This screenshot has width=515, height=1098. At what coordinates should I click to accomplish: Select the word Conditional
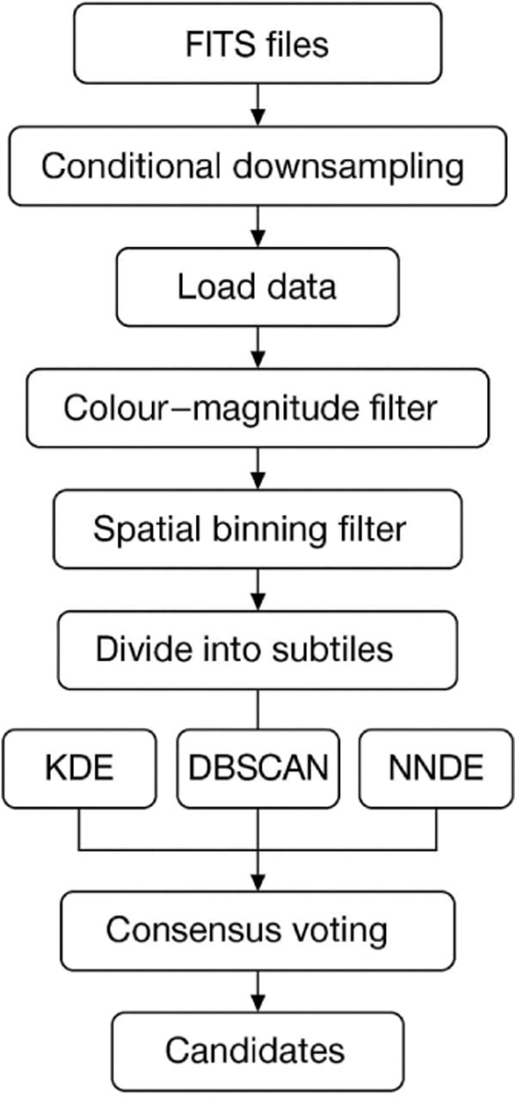pyautogui.click(x=130, y=166)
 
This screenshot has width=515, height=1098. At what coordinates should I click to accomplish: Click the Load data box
pyautogui.click(x=257, y=287)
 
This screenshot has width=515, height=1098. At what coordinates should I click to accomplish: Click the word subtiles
pyautogui.click(x=333, y=649)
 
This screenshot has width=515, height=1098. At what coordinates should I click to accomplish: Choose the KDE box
pyautogui.click(x=79, y=769)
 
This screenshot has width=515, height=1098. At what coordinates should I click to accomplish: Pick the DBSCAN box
pyautogui.click(x=258, y=769)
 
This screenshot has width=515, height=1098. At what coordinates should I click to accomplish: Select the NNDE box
pyautogui.click(x=436, y=769)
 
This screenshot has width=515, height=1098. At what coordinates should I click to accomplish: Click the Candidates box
pyautogui.click(x=257, y=1050)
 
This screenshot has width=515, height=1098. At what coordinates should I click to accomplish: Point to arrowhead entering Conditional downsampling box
pyautogui.click(x=257, y=117)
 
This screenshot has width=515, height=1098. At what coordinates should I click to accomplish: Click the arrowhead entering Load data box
pyautogui.click(x=257, y=238)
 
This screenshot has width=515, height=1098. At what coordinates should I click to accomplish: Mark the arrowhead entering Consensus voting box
pyautogui.click(x=257, y=882)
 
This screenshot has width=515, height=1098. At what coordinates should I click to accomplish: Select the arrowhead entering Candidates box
pyautogui.click(x=257, y=1003)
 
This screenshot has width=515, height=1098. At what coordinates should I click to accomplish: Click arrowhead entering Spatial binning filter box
pyautogui.click(x=257, y=481)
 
